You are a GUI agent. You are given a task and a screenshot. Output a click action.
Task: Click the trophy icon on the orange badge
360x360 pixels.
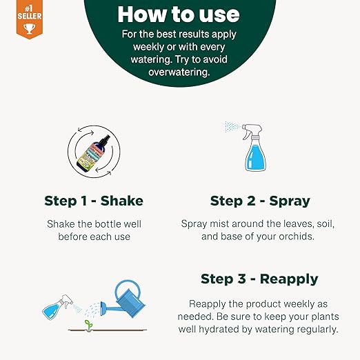click(x=30, y=29)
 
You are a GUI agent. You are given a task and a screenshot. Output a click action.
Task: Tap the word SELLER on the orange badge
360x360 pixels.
click(x=30, y=16)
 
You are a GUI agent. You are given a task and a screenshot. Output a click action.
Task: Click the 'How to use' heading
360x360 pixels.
click(x=179, y=14)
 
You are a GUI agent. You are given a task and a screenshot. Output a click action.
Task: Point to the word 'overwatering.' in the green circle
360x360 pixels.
click(x=179, y=72)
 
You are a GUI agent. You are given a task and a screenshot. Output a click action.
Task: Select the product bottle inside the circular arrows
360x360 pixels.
click(x=93, y=152)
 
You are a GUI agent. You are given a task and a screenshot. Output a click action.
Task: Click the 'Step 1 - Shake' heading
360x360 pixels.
click(x=94, y=201)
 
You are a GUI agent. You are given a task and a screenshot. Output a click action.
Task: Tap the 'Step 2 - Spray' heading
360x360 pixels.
click(x=260, y=201)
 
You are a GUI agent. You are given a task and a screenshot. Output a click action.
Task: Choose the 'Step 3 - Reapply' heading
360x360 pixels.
click(x=259, y=279)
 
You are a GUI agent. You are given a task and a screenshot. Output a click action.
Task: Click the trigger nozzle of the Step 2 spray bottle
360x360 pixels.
click(x=252, y=131)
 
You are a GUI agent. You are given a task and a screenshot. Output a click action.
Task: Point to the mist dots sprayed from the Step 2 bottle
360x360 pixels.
click(x=232, y=127)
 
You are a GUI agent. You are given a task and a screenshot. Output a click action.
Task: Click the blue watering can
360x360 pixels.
click(x=123, y=299)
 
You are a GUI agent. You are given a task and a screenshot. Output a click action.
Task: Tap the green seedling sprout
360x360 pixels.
click(x=89, y=326)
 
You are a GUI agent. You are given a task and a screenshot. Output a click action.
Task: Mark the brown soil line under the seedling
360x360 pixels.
click(x=108, y=330)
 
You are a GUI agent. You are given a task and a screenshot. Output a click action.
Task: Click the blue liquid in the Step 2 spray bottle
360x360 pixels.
click(x=255, y=157)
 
